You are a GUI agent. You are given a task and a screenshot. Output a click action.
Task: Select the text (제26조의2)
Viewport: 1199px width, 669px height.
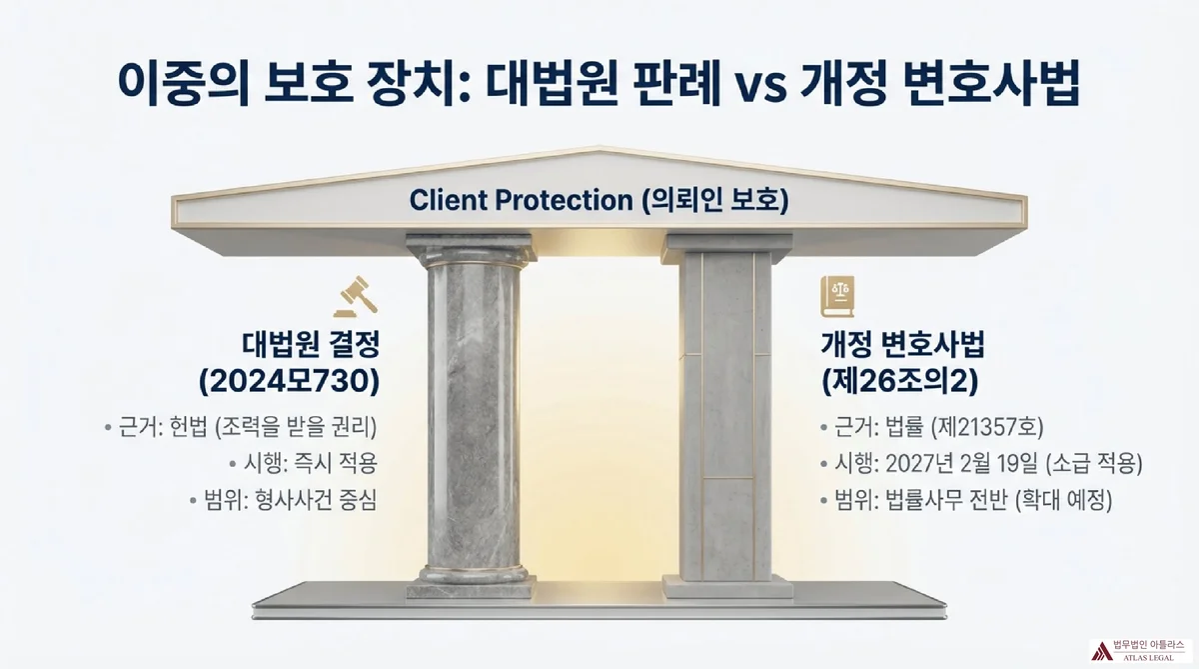coord(897,380)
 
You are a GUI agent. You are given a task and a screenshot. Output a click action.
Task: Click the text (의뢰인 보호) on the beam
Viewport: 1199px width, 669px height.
coord(714,199)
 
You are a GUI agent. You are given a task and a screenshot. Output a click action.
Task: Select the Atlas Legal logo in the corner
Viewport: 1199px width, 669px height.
coord(1139,650)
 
